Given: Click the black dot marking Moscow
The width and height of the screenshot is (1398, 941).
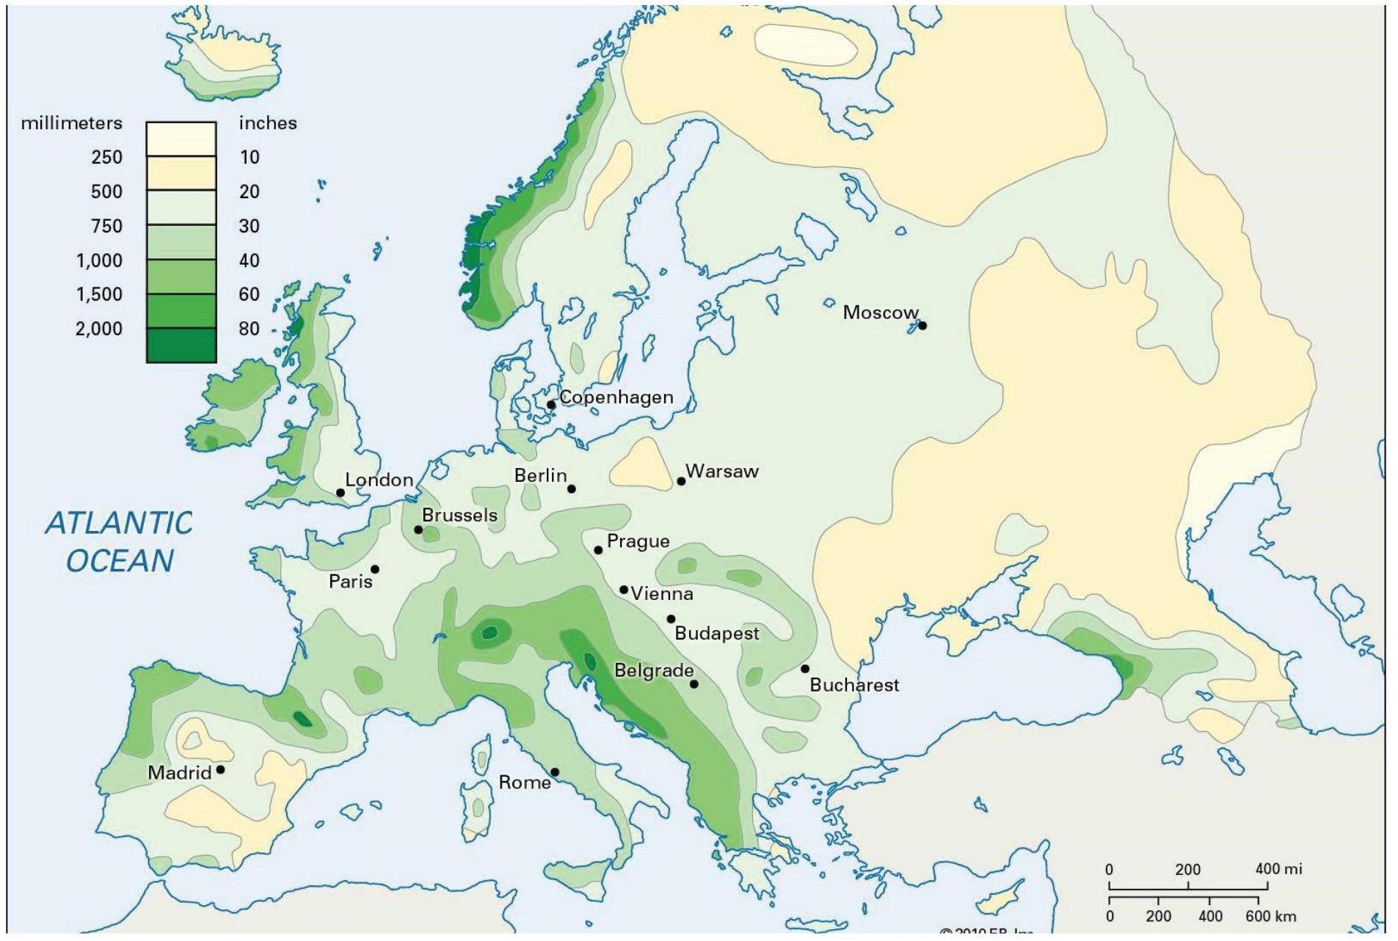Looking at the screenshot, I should (x=922, y=326).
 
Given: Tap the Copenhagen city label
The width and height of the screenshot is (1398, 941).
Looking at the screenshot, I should (x=616, y=398).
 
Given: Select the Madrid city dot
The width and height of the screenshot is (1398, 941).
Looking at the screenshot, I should (x=220, y=769).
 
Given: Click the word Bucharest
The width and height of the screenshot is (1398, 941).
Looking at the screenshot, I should (x=854, y=685).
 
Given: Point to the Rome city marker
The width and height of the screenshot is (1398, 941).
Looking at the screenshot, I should (x=555, y=772).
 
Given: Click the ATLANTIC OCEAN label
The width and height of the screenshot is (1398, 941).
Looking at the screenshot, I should (x=120, y=542).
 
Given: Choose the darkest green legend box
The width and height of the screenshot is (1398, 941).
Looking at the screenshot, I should (x=181, y=345).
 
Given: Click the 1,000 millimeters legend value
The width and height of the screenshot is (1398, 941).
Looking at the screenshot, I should (x=99, y=260).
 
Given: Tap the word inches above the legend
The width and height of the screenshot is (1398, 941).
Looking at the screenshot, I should (x=268, y=123).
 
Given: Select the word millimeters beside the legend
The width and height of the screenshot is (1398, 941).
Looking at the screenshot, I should (x=71, y=123).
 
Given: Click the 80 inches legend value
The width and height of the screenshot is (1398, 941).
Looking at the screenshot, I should (x=249, y=329).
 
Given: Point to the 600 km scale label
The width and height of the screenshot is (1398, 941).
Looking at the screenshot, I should (x=1270, y=916).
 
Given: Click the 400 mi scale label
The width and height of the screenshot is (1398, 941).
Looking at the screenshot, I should (x=1278, y=869).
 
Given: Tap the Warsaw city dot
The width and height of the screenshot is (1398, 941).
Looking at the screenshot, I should (x=681, y=481).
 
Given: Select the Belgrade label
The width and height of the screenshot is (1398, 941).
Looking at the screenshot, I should (x=653, y=670).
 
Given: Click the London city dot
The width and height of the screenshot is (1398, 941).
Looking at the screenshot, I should (x=341, y=493).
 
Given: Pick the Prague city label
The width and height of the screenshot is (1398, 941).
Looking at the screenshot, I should (x=638, y=541).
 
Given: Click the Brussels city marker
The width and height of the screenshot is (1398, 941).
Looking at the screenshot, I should (x=418, y=530).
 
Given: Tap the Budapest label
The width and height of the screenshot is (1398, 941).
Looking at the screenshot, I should (x=716, y=633).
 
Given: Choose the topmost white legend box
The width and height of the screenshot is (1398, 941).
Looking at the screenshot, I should (x=181, y=139).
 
